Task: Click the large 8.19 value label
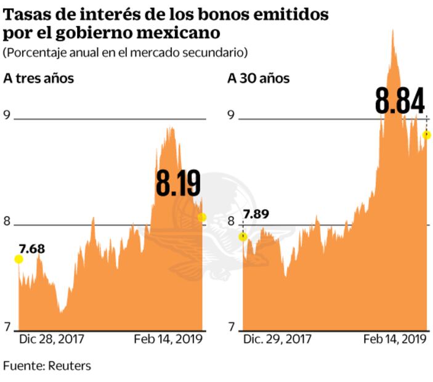coord(178,184)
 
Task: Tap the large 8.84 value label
coord(400,101)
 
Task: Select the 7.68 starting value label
coord(32,249)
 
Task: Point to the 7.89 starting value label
coord(256,214)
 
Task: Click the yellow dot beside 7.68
coord(18,259)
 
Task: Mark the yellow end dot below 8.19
coord(201,217)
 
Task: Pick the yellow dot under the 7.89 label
coord(243,237)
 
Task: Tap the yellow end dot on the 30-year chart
coord(426,135)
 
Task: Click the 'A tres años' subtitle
coord(38,78)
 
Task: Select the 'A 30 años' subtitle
coord(259,78)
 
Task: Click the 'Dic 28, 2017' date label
coord(52,339)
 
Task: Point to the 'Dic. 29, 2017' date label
coord(277,339)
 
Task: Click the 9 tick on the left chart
coord(7,115)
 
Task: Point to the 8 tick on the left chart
coord(7,222)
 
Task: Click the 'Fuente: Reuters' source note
coord(47,365)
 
